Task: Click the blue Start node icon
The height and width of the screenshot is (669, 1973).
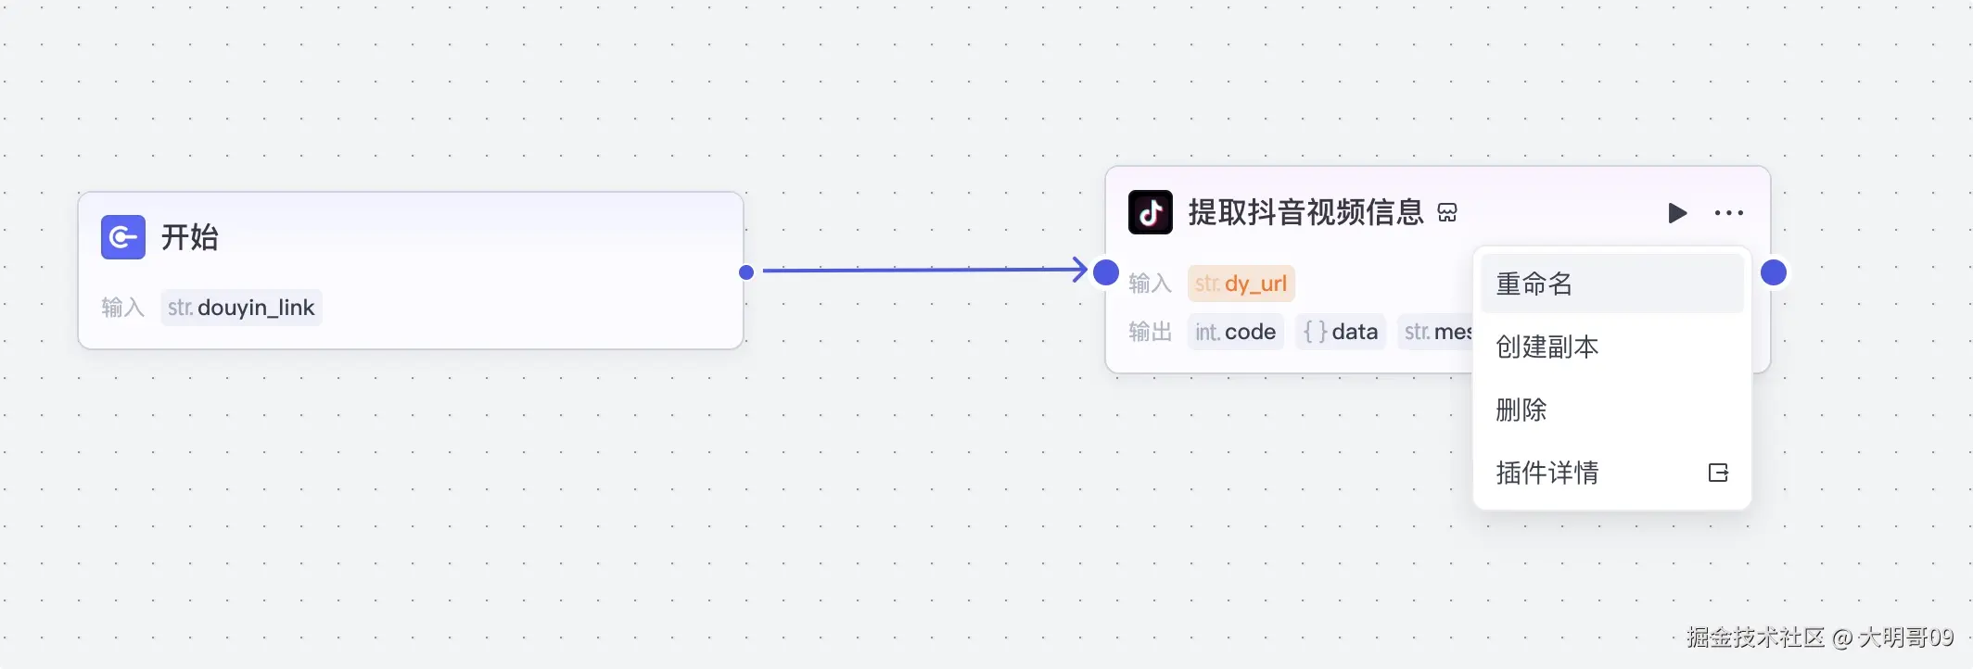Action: click(123, 237)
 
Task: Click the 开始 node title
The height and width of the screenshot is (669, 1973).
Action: click(190, 237)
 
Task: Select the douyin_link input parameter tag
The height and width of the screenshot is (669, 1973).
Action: click(241, 308)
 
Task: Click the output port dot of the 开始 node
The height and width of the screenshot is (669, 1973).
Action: click(746, 272)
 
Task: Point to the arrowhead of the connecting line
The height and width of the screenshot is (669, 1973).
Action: click(1079, 270)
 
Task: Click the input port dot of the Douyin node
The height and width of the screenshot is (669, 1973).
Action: click(1106, 272)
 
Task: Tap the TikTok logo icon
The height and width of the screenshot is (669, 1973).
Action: click(1151, 213)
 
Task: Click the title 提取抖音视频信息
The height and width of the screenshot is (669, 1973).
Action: click(1305, 213)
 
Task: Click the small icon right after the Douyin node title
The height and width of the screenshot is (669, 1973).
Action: click(1447, 214)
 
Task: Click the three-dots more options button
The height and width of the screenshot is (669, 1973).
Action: click(1729, 213)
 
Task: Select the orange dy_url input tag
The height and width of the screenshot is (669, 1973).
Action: click(1241, 284)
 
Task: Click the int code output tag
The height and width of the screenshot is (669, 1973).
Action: click(1235, 332)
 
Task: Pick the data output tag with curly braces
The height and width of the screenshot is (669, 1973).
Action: click(1341, 332)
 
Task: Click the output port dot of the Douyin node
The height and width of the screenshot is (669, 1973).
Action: click(1774, 272)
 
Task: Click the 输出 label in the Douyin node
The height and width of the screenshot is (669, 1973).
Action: click(1150, 332)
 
